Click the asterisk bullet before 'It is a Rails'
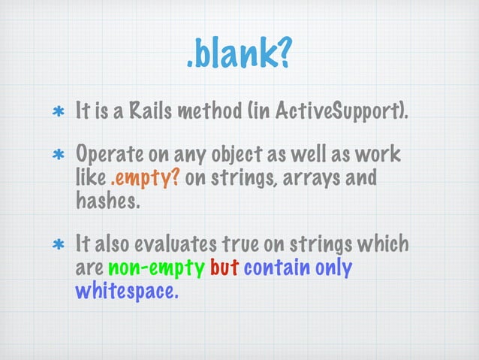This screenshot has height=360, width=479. (x=56, y=115)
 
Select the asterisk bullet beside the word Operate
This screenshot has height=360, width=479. (x=56, y=159)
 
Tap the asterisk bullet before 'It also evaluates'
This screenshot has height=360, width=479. (x=56, y=247)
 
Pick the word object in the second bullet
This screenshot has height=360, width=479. (x=236, y=156)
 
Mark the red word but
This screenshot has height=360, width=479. (x=224, y=267)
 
